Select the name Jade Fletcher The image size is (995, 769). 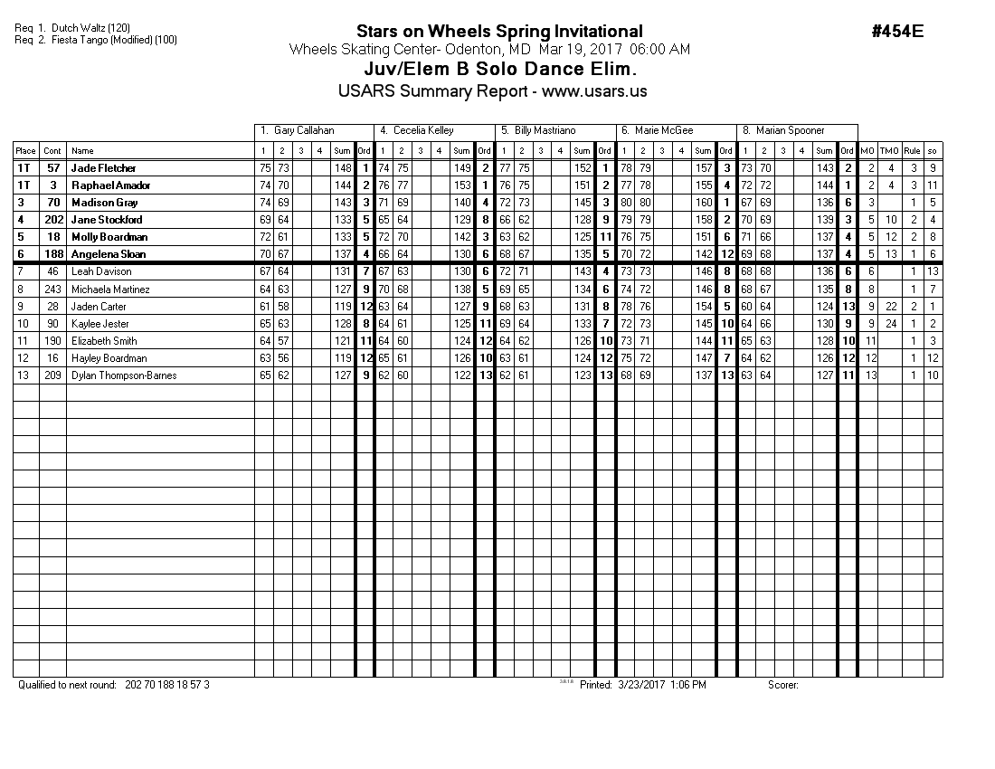tap(102, 168)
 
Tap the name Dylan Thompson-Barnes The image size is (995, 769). tap(124, 375)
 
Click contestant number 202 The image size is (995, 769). tap(53, 220)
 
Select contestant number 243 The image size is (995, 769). tap(53, 290)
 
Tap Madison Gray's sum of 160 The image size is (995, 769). tap(703, 203)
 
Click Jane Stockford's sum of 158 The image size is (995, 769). tap(703, 220)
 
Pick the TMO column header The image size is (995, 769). tap(890, 151)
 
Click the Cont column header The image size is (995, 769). tap(53, 151)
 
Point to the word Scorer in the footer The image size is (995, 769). tap(782, 685)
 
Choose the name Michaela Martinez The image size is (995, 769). tap(110, 290)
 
